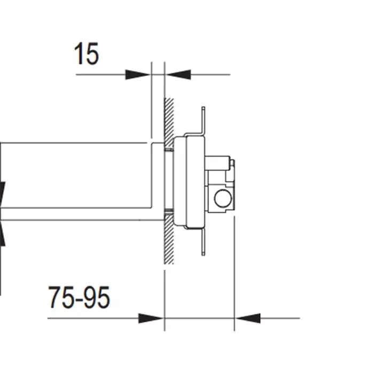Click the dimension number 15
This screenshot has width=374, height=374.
87,53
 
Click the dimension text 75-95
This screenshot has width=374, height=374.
79,297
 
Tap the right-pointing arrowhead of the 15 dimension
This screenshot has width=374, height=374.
138,74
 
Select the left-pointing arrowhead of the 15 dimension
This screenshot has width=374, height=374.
178,74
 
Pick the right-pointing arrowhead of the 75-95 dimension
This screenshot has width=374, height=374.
151,318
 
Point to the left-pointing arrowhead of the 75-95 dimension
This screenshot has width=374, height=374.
247,318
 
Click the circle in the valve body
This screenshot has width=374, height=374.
223,198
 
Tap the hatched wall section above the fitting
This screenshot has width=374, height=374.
169,122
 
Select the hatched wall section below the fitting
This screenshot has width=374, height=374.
169,239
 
